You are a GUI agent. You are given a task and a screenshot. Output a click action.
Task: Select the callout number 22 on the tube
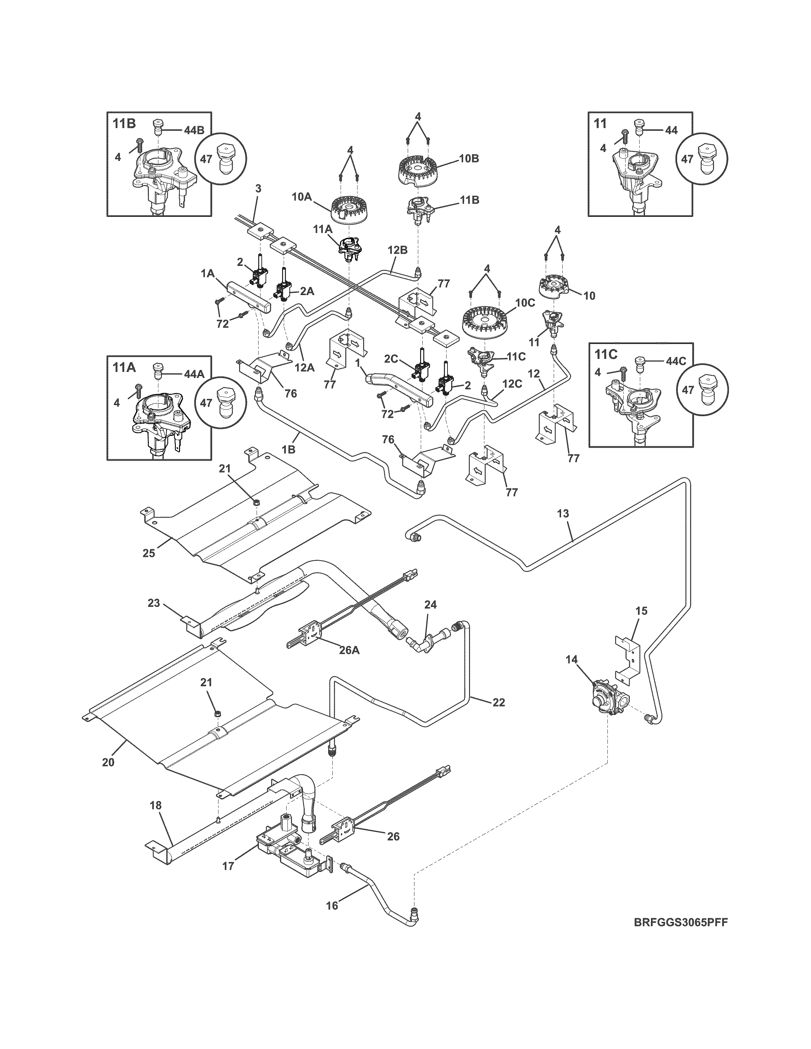coord(498,702)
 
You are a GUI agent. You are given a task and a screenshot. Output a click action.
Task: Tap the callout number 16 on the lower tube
coord(332,906)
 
